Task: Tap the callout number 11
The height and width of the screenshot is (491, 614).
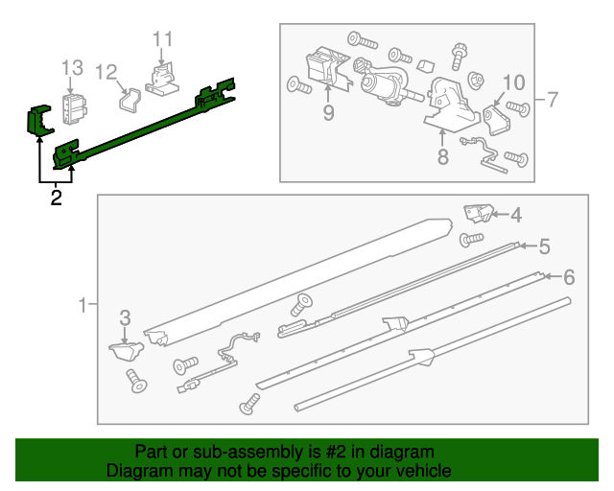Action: tap(162, 39)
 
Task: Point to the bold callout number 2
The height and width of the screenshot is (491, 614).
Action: tap(56, 199)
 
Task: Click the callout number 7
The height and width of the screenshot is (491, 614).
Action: tap(552, 99)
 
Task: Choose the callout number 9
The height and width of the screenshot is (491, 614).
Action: tap(328, 113)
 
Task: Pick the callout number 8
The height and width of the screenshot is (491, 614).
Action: tap(442, 156)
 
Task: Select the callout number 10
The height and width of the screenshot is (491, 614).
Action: tap(514, 82)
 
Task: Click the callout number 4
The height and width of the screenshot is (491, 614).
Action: tap(516, 216)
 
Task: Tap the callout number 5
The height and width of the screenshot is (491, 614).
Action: tap(544, 246)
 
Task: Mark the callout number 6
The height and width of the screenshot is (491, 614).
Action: tap(568, 278)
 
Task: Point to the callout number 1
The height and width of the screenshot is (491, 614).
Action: tap(83, 306)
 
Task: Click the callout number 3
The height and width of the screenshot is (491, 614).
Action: tap(125, 318)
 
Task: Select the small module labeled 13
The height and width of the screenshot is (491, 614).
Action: tap(73, 107)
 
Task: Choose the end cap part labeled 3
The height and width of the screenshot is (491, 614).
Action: tap(123, 350)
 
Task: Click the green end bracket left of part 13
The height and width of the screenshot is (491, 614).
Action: tap(38, 121)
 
